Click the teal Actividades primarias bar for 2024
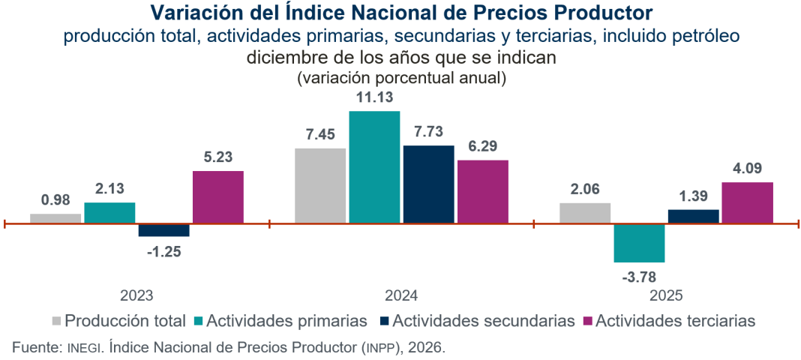[x=374, y=166]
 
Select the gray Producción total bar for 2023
[x=55, y=218]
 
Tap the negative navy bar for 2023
[x=163, y=229]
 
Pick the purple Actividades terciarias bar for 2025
[x=747, y=202]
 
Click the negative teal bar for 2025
[x=639, y=242]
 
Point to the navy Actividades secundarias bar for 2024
[x=428, y=184]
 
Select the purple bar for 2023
[x=217, y=196]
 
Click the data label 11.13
[x=374, y=97]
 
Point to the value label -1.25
[x=163, y=251]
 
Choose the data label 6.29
[x=482, y=146]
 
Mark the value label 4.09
[x=747, y=169]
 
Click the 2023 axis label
[x=136, y=295]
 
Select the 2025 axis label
[x=666, y=295]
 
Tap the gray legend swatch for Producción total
[x=56, y=321]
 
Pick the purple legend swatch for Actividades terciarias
[x=587, y=321]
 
